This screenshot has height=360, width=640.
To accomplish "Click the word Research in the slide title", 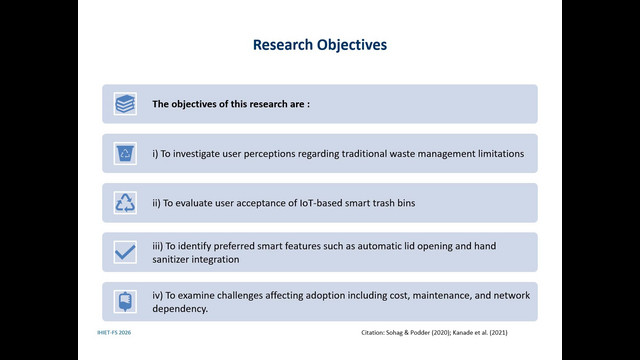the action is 283,44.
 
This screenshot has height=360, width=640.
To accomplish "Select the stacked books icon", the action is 125,104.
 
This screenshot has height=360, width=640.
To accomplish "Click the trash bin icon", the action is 125,153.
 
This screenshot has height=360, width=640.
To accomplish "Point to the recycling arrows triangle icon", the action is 125,203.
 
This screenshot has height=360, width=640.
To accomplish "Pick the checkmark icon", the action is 125,252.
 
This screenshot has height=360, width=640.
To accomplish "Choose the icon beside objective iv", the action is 125,302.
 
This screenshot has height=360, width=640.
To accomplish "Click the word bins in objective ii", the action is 406,203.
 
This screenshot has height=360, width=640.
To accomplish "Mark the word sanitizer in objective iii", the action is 171,260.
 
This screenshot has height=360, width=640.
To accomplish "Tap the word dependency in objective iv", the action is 180,309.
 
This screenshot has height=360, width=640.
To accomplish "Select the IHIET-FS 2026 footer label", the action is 114,333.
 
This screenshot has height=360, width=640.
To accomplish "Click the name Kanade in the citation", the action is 462,333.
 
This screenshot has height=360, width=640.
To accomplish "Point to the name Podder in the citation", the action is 419,333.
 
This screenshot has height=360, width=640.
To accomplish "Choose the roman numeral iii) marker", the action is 158,246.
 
